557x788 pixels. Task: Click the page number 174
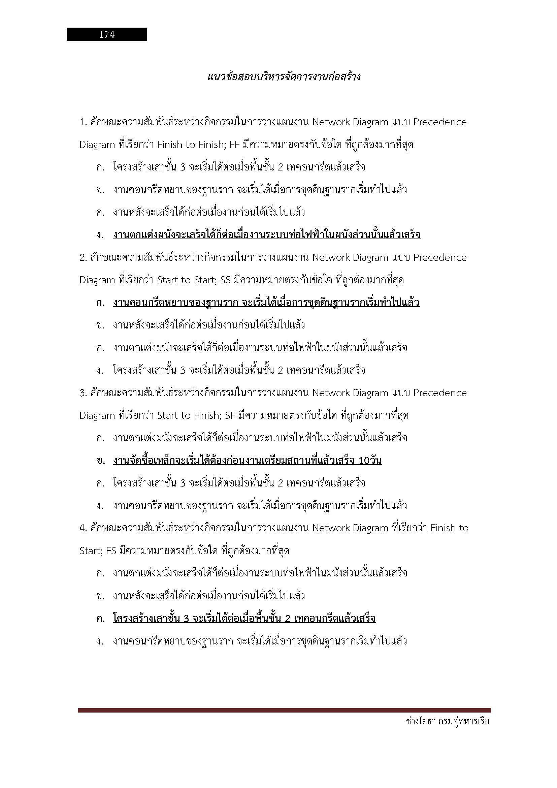click(107, 34)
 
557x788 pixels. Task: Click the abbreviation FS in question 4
click(111, 551)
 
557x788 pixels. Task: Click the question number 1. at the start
click(83, 122)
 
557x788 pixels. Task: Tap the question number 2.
click(83, 257)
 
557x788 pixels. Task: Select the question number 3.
click(83, 392)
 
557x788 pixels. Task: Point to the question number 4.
click(83, 528)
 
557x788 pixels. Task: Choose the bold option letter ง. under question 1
click(100, 235)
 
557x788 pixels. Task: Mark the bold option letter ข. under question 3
click(100, 461)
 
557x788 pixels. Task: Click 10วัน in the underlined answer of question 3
click(370, 461)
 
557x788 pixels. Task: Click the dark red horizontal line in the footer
click(284, 710)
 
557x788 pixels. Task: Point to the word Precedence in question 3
click(440, 392)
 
